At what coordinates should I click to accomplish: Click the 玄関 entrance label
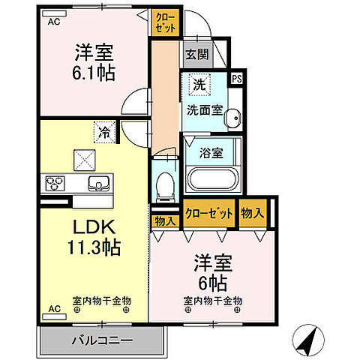197,53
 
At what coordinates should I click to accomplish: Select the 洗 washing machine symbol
199,84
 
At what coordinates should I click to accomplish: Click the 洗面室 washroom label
204,109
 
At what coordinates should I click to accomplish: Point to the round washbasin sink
234,116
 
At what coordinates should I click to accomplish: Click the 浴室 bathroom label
211,153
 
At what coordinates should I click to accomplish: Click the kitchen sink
97,184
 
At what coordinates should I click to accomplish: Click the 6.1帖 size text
93,72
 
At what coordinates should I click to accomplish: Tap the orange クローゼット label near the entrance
166,22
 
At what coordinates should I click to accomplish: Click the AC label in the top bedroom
54,22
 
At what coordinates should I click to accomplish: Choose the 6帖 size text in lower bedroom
212,283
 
